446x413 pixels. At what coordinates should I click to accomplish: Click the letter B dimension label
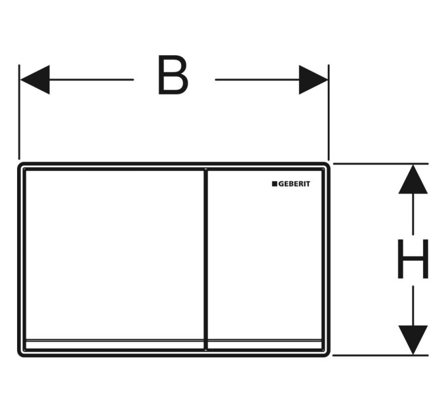(173, 75)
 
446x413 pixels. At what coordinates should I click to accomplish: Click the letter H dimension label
(413, 259)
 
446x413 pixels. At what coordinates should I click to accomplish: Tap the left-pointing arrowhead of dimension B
(35, 79)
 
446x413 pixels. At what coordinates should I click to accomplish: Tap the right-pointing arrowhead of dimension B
(314, 79)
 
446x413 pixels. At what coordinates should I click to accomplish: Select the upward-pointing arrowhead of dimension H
(413, 180)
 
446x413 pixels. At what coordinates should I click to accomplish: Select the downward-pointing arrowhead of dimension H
(413, 340)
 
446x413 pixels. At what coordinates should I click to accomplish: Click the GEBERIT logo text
(294, 184)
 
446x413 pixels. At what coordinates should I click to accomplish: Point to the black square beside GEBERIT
(274, 184)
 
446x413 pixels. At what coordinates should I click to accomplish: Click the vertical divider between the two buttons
(206, 260)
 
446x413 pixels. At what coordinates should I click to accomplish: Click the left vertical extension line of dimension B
(19, 112)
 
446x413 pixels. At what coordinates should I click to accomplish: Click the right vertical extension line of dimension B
(329, 112)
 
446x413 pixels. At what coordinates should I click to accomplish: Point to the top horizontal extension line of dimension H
(380, 164)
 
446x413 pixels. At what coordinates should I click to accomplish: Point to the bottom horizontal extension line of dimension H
(380, 355)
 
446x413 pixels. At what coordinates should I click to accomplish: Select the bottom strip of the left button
(115, 344)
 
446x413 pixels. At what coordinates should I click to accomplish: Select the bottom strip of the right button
(265, 344)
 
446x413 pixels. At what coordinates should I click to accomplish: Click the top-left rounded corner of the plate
(20, 165)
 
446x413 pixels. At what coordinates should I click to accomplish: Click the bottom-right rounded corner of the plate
(328, 354)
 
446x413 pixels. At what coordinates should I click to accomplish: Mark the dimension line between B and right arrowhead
(257, 79)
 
